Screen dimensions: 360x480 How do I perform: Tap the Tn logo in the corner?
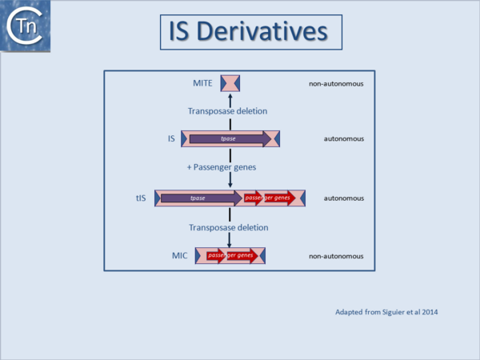(22, 26)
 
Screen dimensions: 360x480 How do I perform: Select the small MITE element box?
(230, 82)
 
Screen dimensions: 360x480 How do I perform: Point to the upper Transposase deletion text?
(227, 110)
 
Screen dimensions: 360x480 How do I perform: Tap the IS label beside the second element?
(171, 138)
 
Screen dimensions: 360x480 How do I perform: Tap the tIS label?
(141, 198)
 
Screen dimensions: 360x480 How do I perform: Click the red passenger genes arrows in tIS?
(269, 198)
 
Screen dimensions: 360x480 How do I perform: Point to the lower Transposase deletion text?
(227, 227)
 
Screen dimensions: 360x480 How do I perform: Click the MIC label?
(179, 256)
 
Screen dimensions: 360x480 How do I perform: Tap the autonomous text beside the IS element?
(344, 139)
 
